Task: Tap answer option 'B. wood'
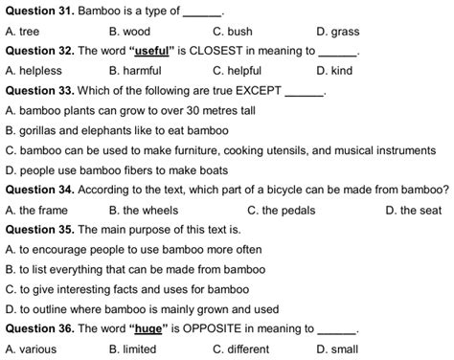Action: click(129, 32)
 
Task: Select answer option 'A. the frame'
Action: click(36, 210)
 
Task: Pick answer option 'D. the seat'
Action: click(413, 210)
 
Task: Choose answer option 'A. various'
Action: click(31, 349)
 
